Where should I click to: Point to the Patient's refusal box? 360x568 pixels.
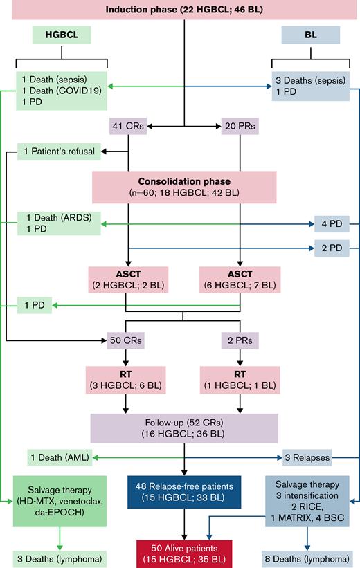pyautogui.click(x=61, y=149)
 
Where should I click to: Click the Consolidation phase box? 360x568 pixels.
pyautogui.click(x=185, y=184)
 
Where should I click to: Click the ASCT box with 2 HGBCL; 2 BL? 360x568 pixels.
pyautogui.click(x=127, y=278)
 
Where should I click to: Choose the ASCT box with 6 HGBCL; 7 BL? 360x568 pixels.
pyautogui.click(x=240, y=278)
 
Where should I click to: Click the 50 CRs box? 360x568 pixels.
pyautogui.click(x=127, y=340)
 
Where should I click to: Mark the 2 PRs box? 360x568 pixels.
pyautogui.click(x=240, y=340)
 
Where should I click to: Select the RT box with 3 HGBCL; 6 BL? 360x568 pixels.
pyautogui.click(x=127, y=379)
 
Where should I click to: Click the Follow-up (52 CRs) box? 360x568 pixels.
pyautogui.click(x=185, y=426)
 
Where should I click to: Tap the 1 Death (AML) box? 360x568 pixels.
pyautogui.click(x=61, y=457)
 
